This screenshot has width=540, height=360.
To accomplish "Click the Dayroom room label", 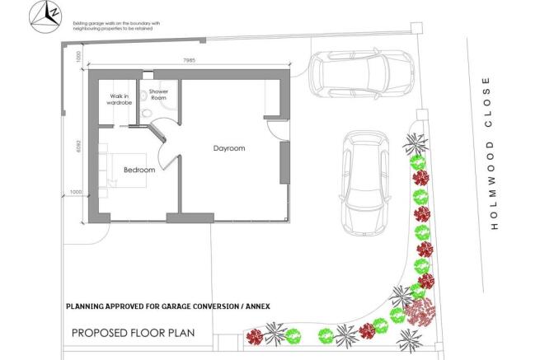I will (x=229, y=148).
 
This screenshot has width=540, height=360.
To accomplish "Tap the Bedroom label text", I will (x=139, y=170).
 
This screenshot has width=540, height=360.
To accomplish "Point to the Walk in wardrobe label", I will (x=120, y=101).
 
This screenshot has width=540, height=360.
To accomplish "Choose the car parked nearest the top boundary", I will (x=360, y=74).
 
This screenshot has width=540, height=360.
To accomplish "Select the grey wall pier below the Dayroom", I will (x=190, y=217).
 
